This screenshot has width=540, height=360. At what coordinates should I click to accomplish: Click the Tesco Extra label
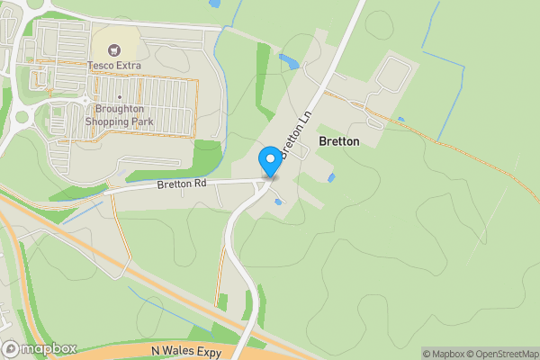coord(114,66)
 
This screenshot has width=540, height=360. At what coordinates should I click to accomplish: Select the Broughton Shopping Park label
coord(119,114)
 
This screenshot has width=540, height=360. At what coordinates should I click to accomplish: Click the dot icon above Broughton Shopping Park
coord(119,96)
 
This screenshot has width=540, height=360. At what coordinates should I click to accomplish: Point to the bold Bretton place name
coord(339,142)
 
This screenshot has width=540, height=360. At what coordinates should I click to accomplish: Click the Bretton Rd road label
coord(182,184)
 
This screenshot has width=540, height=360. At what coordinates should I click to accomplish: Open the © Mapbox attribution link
coord(445,354)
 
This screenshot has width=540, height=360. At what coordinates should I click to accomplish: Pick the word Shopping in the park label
coord(109,121)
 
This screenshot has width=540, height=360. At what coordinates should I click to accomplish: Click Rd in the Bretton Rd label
coord(200,184)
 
